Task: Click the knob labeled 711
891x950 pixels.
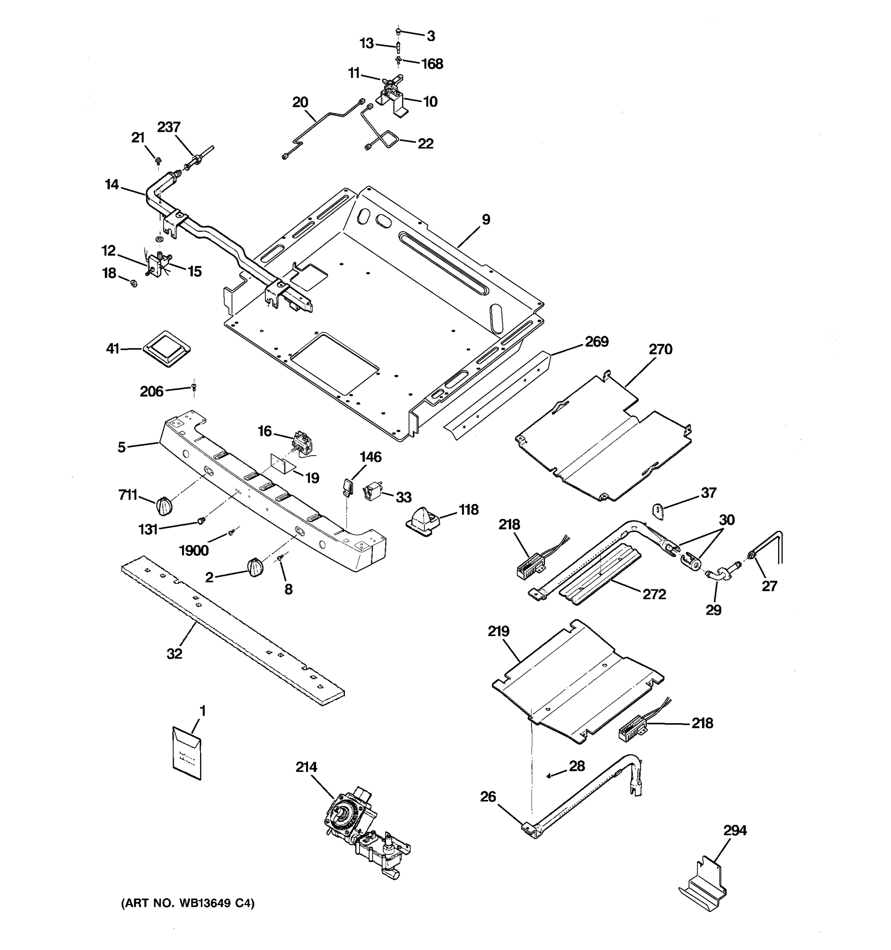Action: [x=164, y=505]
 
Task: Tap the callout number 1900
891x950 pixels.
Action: [x=194, y=551]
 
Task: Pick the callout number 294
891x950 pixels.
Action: [x=735, y=830]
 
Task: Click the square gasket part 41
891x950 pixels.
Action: [x=167, y=348]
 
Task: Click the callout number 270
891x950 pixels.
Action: [x=660, y=349]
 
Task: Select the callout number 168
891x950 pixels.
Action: [x=432, y=64]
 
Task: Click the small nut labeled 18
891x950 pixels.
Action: [x=134, y=283]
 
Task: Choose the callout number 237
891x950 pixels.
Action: [x=169, y=127]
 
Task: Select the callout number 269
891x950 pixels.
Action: [x=596, y=342]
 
